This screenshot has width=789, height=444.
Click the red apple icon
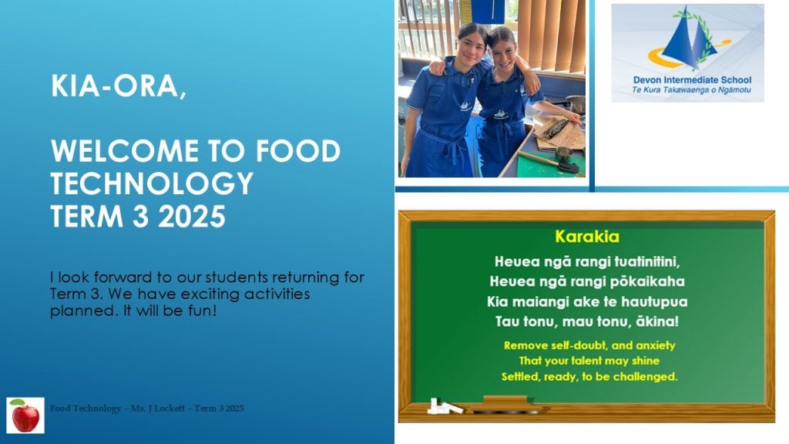(x=25, y=415)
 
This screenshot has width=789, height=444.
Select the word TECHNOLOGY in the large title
(x=152, y=183)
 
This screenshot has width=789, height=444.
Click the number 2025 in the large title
(x=192, y=217)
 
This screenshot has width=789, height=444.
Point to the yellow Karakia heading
(x=586, y=237)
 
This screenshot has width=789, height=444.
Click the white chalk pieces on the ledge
(x=445, y=406)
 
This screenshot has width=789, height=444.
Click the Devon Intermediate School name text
(x=692, y=80)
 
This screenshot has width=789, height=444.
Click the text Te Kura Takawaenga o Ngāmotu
(x=691, y=90)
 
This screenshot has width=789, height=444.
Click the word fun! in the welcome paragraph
(x=203, y=311)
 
